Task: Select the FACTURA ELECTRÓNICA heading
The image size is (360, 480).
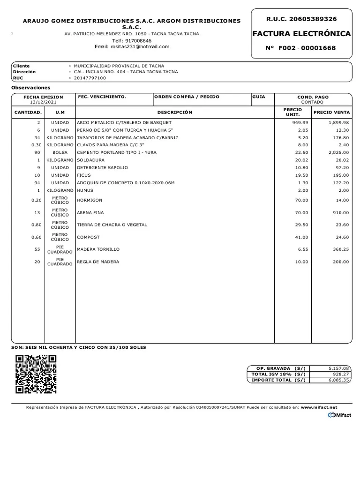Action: [x=301, y=34]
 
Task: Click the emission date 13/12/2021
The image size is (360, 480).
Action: [x=43, y=102]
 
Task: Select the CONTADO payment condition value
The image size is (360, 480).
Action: [x=313, y=102]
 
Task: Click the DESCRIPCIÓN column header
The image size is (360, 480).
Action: [x=175, y=112]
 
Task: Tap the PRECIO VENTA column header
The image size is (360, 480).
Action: [x=331, y=112]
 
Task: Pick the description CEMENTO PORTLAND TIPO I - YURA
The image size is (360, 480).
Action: [x=117, y=152]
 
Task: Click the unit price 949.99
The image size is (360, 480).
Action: [x=300, y=122]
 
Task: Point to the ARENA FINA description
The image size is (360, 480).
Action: [x=91, y=212]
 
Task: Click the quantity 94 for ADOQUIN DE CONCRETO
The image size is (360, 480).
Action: [x=37, y=183]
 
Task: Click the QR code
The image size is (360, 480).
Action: [x=36, y=374]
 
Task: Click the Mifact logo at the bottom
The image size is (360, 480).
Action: [x=340, y=415]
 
